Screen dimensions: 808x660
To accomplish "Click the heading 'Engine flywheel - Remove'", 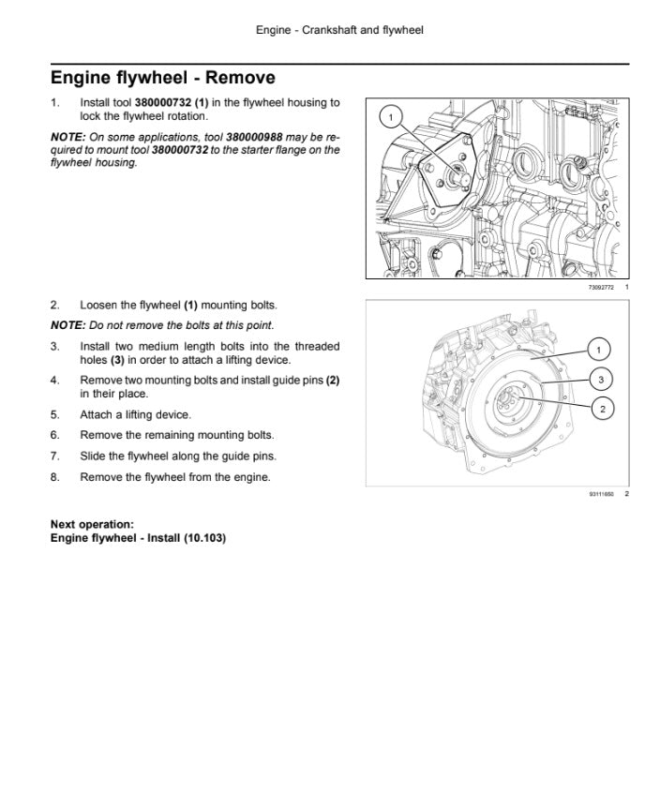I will (162, 77).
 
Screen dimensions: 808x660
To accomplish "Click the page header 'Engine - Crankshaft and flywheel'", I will (339, 31).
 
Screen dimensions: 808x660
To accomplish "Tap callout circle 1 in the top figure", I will (392, 116).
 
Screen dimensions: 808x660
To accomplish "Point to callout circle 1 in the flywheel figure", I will (600, 350).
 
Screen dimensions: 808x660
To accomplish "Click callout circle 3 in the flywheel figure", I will (600, 379).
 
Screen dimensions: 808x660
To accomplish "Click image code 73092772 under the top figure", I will (600, 287).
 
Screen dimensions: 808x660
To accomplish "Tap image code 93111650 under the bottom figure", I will (600, 494).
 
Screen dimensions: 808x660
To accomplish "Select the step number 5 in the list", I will (55, 414).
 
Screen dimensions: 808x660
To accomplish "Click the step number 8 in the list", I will (55, 477).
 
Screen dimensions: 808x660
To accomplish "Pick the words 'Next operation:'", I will (92, 524).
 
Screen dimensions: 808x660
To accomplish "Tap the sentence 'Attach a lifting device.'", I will (135, 414).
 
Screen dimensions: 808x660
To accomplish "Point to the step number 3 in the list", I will (55, 346).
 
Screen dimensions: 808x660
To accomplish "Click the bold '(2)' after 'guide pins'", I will (332, 380).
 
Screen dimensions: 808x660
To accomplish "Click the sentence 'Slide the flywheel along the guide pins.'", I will (178, 456).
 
